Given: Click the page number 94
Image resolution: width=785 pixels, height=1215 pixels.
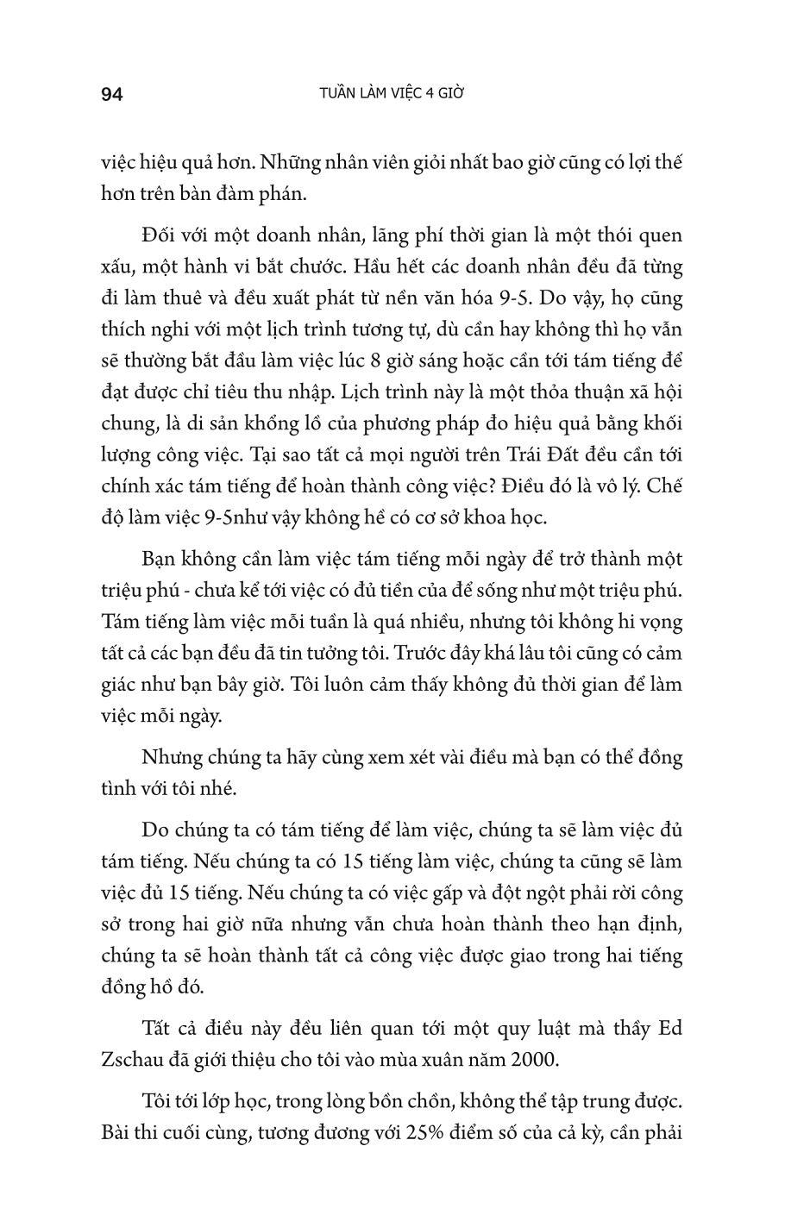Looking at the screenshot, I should click(x=112, y=95).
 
